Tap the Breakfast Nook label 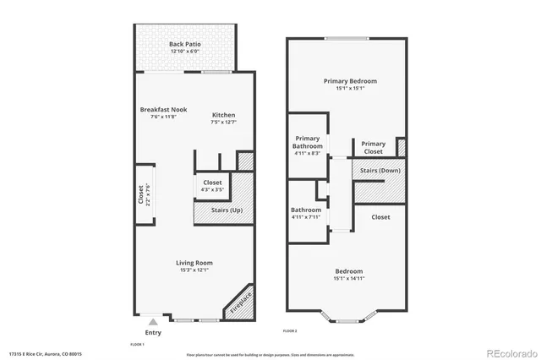coord(163,114)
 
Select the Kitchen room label coord(223,118)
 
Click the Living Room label coord(194,265)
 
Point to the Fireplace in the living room coord(240,303)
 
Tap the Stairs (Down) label coord(380,170)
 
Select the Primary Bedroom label coord(350,84)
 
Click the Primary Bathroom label coord(308,145)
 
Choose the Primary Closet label coord(374,148)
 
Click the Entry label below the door coord(153,333)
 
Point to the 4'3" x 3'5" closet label coord(212,186)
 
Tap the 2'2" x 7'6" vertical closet coord(143,195)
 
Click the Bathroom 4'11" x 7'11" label coord(306,213)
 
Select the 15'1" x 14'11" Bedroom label coord(350,274)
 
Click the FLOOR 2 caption coord(290,330)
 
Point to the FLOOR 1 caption coord(137,345)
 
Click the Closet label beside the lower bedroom coord(380,217)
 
